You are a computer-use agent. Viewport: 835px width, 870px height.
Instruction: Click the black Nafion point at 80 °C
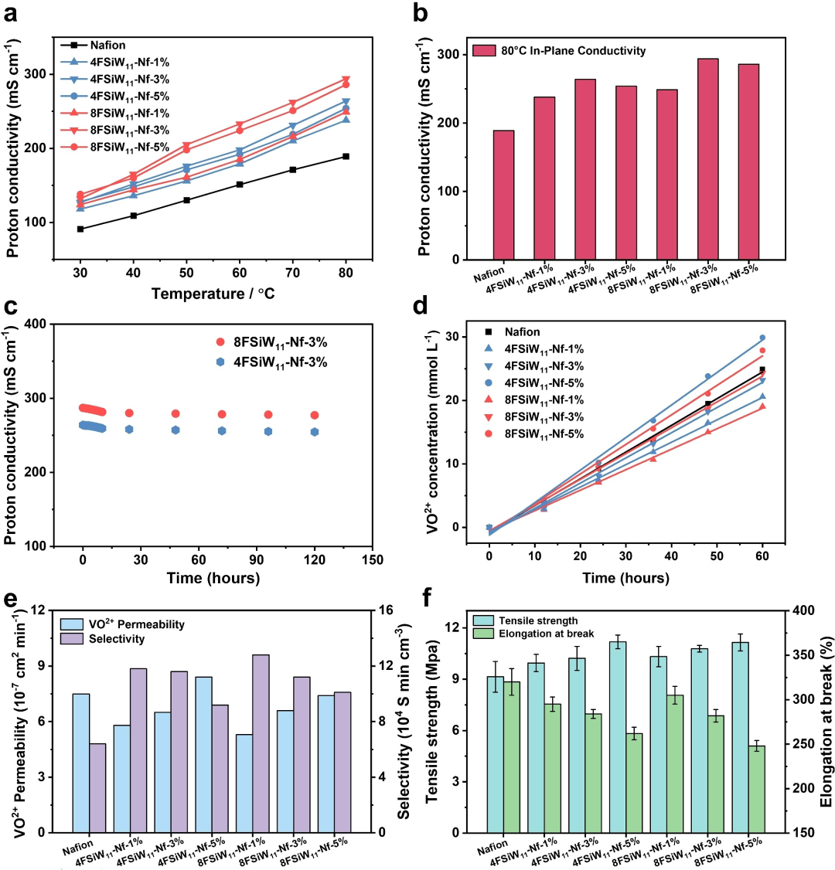(346, 157)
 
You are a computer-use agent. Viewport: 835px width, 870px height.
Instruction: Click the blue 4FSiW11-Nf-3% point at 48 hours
(176, 430)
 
